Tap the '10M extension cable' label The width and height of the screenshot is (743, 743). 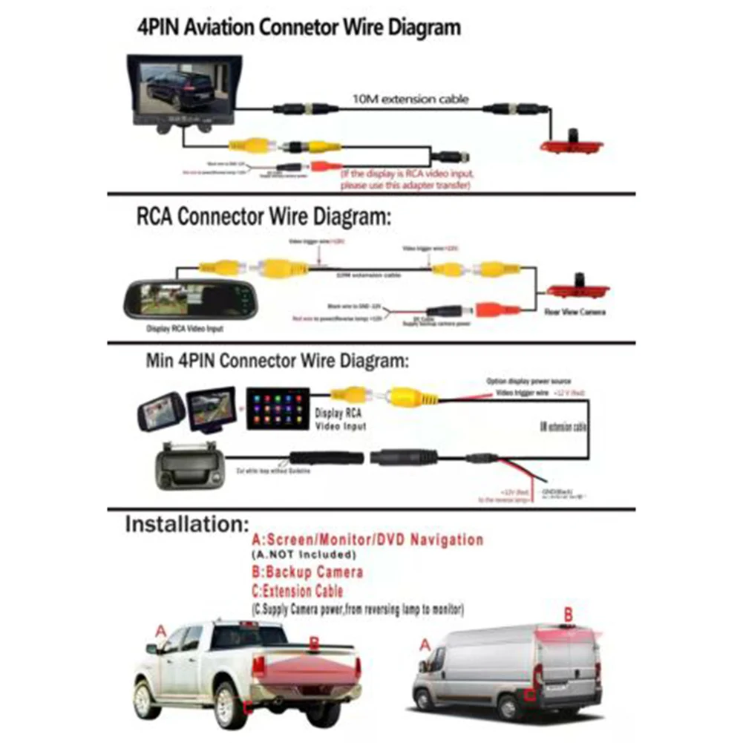coord(410,98)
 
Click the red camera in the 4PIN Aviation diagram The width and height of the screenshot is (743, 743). coord(571,144)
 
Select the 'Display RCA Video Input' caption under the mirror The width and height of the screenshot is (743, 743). coord(186,329)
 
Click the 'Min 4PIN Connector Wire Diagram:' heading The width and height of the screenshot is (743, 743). coord(277,361)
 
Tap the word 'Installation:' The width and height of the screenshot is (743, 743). coord(186,524)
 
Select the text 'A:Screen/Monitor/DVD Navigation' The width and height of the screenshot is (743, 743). coord(367,540)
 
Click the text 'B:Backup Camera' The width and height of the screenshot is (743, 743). coord(307,572)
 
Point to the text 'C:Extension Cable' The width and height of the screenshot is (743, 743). coord(298,592)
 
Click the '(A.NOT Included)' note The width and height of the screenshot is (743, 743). coord(304,555)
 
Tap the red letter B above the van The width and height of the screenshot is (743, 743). coord(569,614)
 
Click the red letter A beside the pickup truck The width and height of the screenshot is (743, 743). coord(160,631)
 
